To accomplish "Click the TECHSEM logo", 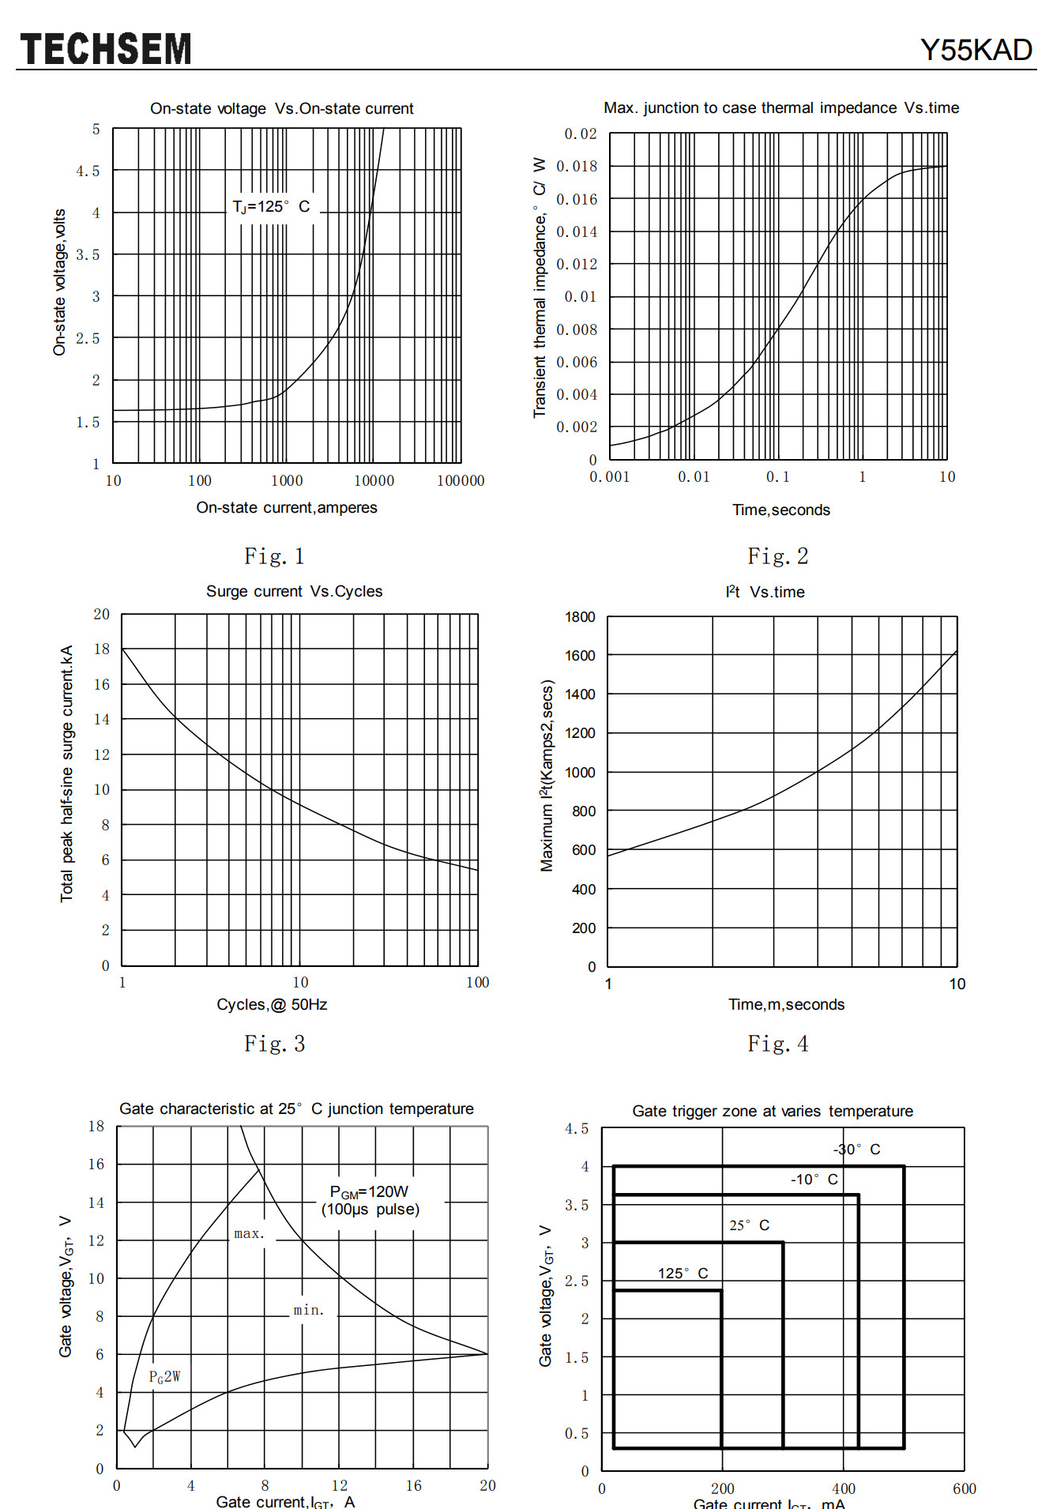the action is pos(106,49).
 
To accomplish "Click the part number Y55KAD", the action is pos(976,50).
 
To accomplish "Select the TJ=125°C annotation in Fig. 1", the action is pos(271,206).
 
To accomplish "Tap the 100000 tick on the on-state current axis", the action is pos(461,480).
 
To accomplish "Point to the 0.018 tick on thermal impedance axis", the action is pos(577,166).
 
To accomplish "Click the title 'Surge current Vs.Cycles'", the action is pos(294,591).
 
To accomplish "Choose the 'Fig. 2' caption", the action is pos(778,556).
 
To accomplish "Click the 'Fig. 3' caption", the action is pos(274,1044).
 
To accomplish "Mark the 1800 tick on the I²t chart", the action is pos(580,616).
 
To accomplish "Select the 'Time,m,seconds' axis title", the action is pos(786,1004).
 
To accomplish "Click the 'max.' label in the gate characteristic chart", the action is pos(250,1233).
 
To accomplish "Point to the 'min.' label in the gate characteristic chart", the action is pos(309,1310).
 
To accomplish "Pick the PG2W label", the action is pos(164,1377).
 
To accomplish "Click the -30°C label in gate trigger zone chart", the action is pos(856,1149).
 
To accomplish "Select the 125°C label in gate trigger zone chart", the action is pos(683,1273).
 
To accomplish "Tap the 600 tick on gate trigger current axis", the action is pos(965,1488).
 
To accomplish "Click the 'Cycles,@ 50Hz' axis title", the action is pos(272,1004).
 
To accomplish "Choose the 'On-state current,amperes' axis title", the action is pos(287,507).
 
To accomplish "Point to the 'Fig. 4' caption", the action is pos(778,1044).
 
